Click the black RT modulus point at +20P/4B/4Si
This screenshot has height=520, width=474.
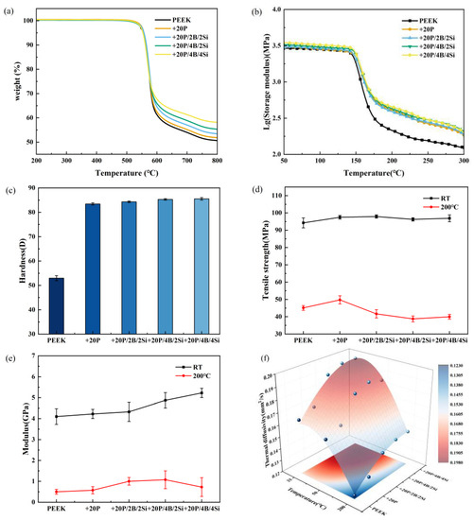click(200, 393)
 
